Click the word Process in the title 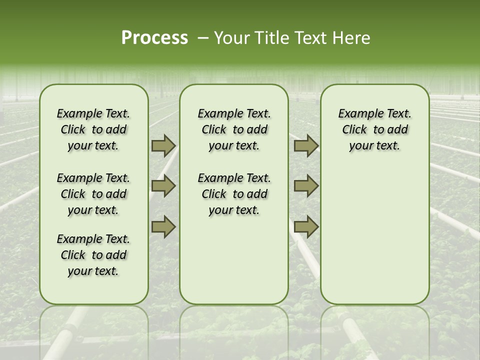(154, 38)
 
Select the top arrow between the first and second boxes (163, 146)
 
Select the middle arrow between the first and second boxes (163, 186)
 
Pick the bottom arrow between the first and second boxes (163, 227)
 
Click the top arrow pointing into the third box (306, 146)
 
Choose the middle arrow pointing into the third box (306, 186)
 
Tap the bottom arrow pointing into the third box (306, 227)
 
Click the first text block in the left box (93, 129)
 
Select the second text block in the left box (93, 194)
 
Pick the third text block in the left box (93, 255)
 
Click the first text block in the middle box (234, 129)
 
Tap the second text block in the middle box (234, 194)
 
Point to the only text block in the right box (374, 129)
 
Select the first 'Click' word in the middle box (214, 130)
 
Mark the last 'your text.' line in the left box (93, 271)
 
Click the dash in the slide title (203, 38)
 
